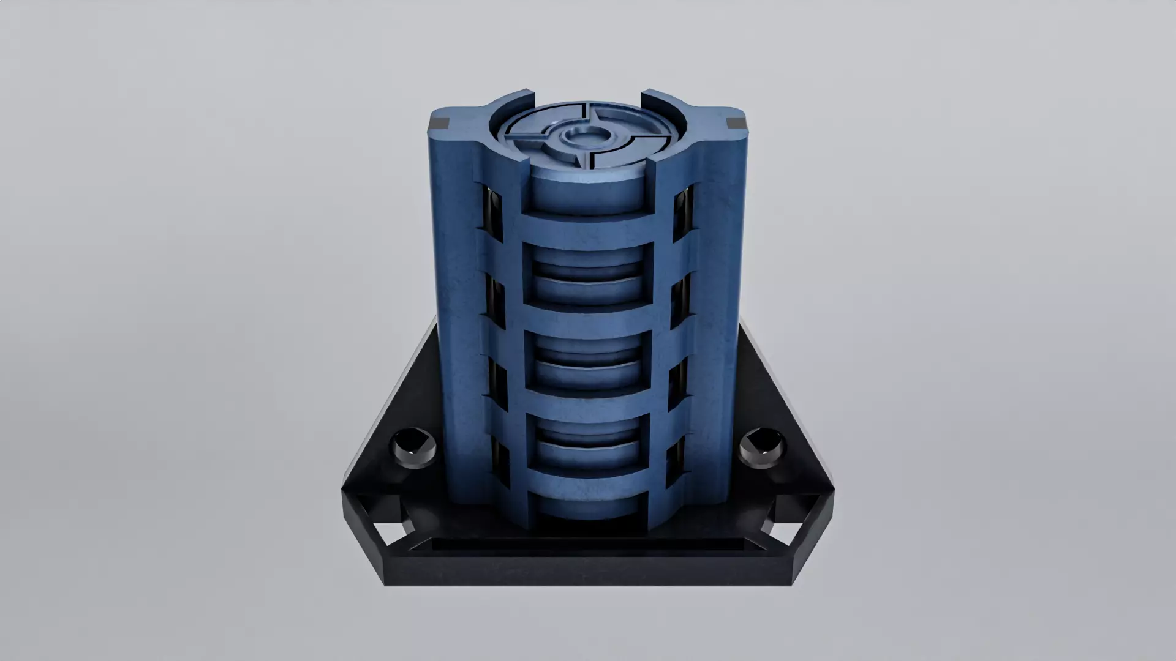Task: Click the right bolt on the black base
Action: click(x=761, y=448)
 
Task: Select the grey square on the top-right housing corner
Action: click(x=734, y=123)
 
